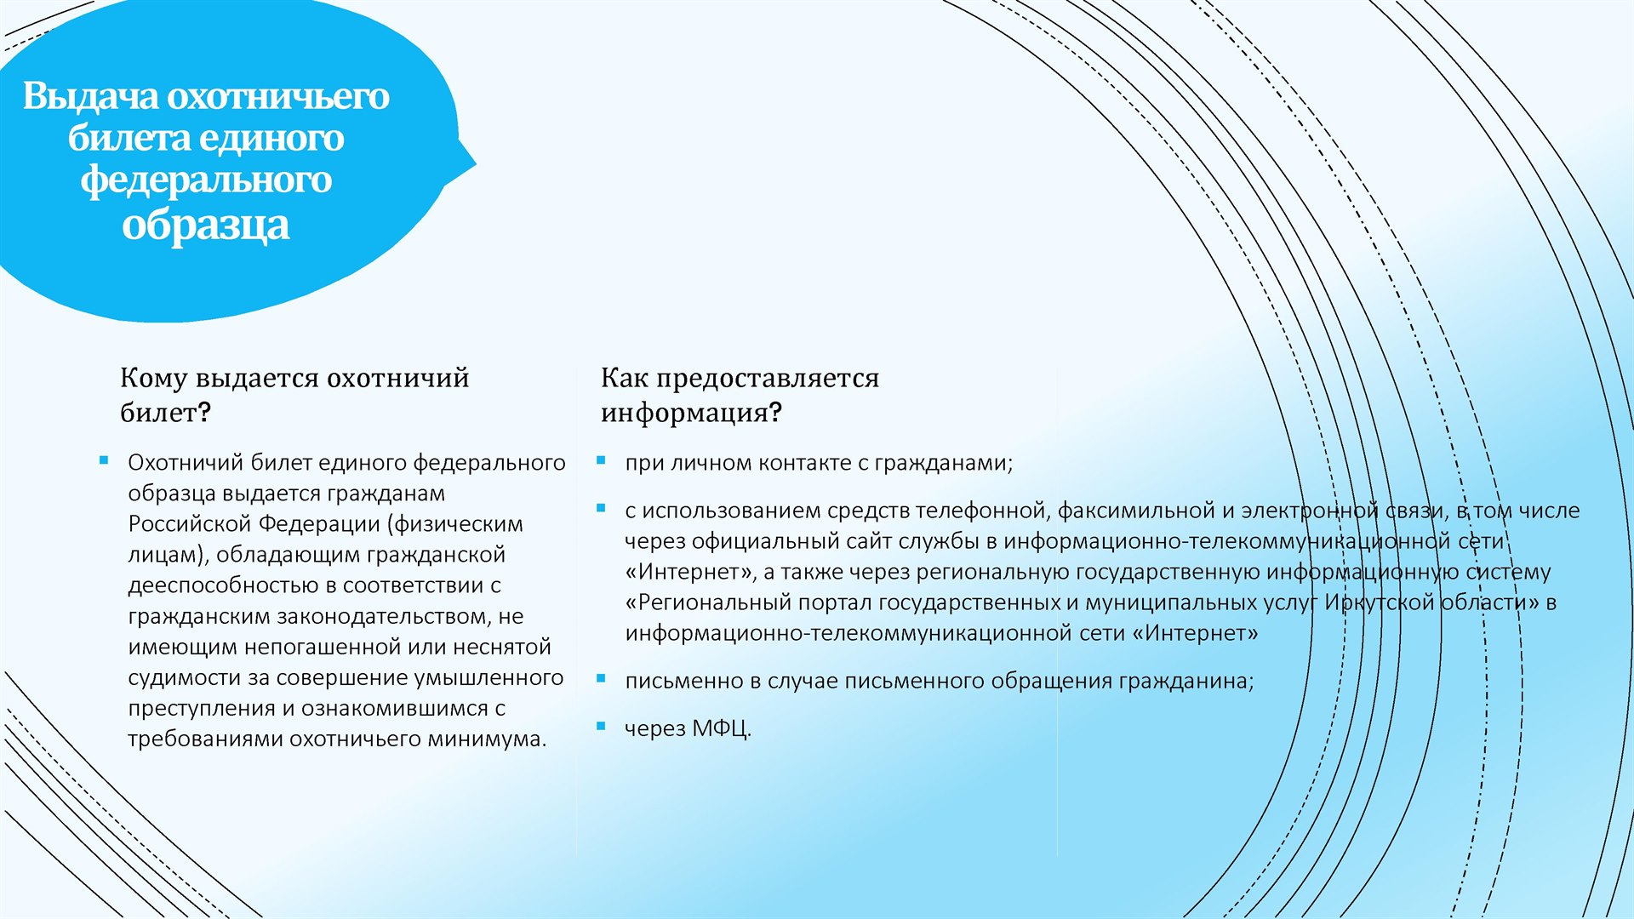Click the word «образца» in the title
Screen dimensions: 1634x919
(206, 225)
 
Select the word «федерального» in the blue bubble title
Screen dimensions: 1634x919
(206, 180)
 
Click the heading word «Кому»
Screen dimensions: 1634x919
(154, 378)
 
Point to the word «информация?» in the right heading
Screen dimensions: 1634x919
(691, 414)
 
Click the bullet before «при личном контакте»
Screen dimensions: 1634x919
(601, 460)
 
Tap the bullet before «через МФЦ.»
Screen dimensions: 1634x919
(601, 726)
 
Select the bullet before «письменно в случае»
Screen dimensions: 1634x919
(601, 678)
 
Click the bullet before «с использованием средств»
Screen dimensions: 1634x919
(601, 508)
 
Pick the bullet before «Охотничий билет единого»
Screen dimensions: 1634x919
(104, 460)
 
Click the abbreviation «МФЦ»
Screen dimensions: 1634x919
(720, 728)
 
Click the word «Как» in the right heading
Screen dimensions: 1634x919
(625, 378)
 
